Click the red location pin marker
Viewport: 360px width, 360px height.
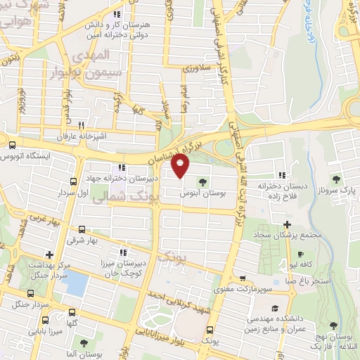click(181, 167)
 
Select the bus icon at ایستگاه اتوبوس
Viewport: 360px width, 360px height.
click(11, 146)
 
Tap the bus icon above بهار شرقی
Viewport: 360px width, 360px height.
click(82, 229)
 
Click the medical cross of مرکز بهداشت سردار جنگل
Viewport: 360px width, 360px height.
click(48, 255)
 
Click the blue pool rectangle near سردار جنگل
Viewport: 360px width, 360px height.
click(77, 283)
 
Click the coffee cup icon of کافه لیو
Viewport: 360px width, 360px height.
click(301, 254)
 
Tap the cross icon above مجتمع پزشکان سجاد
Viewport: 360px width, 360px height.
click(287, 243)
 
